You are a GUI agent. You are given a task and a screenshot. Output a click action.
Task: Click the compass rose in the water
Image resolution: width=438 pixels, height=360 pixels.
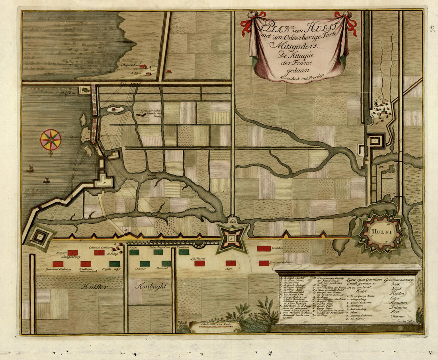pos(51,140)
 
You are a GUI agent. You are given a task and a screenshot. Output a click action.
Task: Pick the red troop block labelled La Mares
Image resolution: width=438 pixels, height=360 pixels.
pos(199,263)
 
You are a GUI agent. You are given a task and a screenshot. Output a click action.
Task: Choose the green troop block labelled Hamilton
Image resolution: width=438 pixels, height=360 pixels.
pos(184,252)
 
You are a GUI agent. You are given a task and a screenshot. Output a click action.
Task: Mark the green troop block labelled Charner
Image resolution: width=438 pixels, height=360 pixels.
pos(145,264)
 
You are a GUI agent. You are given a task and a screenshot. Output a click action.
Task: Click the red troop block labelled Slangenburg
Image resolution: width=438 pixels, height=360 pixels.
pos(72,252)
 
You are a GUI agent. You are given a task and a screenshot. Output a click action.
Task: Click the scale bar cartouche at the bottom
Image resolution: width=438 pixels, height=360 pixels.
pos(215,326)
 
